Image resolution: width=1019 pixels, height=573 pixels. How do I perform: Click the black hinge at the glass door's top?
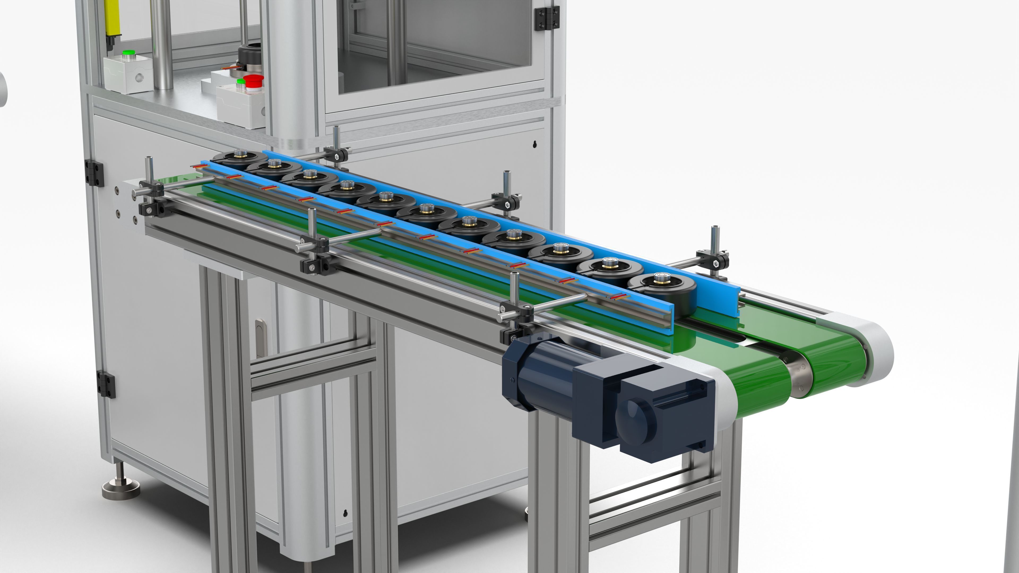547,18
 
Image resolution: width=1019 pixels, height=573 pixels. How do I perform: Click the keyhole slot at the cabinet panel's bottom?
346,513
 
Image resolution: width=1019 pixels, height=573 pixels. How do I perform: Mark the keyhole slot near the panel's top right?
534,144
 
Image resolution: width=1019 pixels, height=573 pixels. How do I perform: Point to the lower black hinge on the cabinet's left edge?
106,385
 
